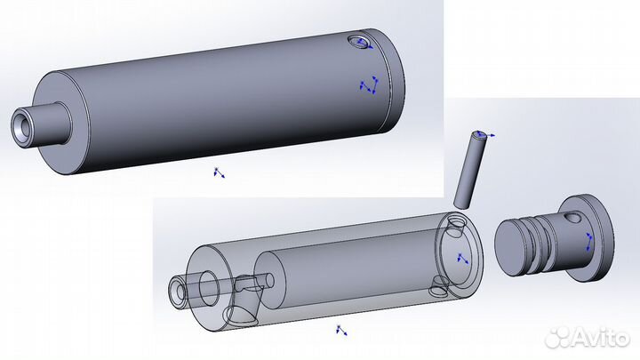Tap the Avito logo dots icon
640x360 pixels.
coord(558,336)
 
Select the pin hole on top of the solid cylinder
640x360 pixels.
coord(360,43)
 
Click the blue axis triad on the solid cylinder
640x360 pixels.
coord(369,86)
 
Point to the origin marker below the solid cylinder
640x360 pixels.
coord(218,172)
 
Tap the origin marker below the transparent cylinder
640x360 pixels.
coord(340,332)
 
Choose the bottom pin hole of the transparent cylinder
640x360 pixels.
coord(439,284)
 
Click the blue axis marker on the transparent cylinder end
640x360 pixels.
coord(461,258)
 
